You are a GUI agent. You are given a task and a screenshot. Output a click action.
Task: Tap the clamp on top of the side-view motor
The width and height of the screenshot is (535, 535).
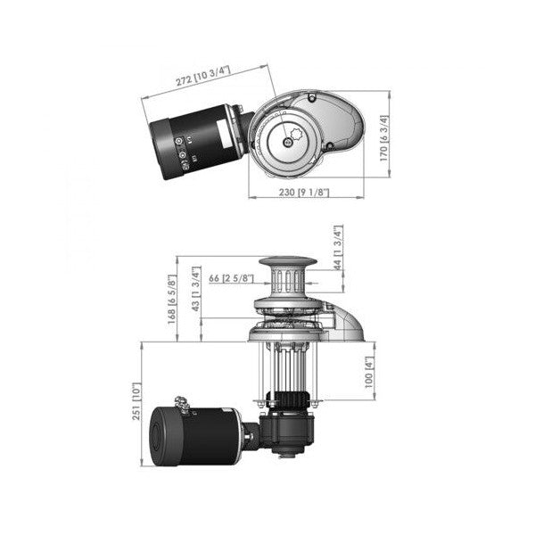tap(185, 406)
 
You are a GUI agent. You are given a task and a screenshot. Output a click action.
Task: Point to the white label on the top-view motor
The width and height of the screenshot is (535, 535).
tap(219, 135)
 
